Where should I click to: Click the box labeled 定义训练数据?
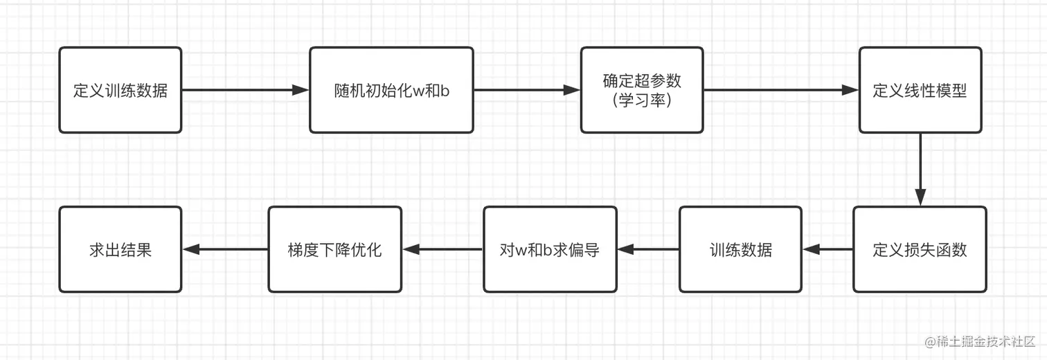[120, 90]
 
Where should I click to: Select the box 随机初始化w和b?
[391, 90]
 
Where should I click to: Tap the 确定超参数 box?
[642, 90]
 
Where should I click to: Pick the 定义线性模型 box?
[920, 90]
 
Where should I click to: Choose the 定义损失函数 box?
[920, 249]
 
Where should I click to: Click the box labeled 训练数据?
[740, 249]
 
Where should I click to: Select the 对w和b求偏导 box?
[550, 249]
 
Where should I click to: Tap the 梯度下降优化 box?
[334, 249]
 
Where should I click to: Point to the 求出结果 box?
[120, 249]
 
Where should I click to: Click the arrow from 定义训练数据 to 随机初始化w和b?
[245, 90]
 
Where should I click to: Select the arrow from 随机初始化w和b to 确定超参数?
[527, 90]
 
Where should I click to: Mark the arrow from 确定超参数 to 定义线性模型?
[781, 90]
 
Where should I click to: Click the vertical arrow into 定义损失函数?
[920, 170]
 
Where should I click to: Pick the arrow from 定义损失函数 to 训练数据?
[827, 249]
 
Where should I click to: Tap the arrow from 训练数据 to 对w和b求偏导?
[648, 249]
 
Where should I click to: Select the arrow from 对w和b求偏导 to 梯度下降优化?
[442, 249]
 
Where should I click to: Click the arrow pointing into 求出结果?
[225, 249]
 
